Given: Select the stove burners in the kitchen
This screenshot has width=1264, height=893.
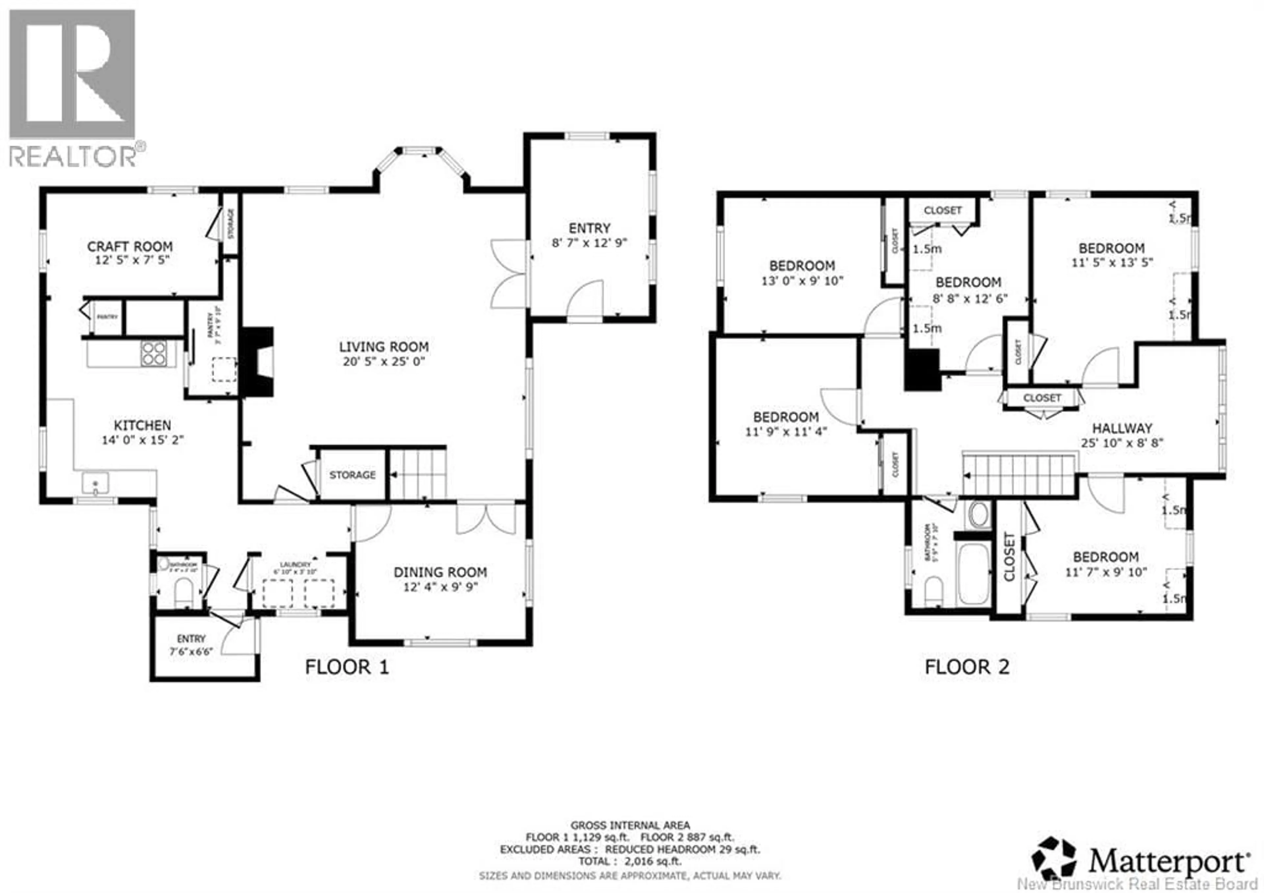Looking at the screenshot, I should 154,353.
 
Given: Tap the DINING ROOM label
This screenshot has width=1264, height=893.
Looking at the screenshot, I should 440,572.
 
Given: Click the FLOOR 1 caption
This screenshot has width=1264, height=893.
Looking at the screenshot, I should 347,667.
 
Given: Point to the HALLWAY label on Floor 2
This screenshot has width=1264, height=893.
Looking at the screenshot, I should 1122,428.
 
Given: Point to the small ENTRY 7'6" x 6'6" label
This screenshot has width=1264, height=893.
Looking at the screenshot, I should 191,645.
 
